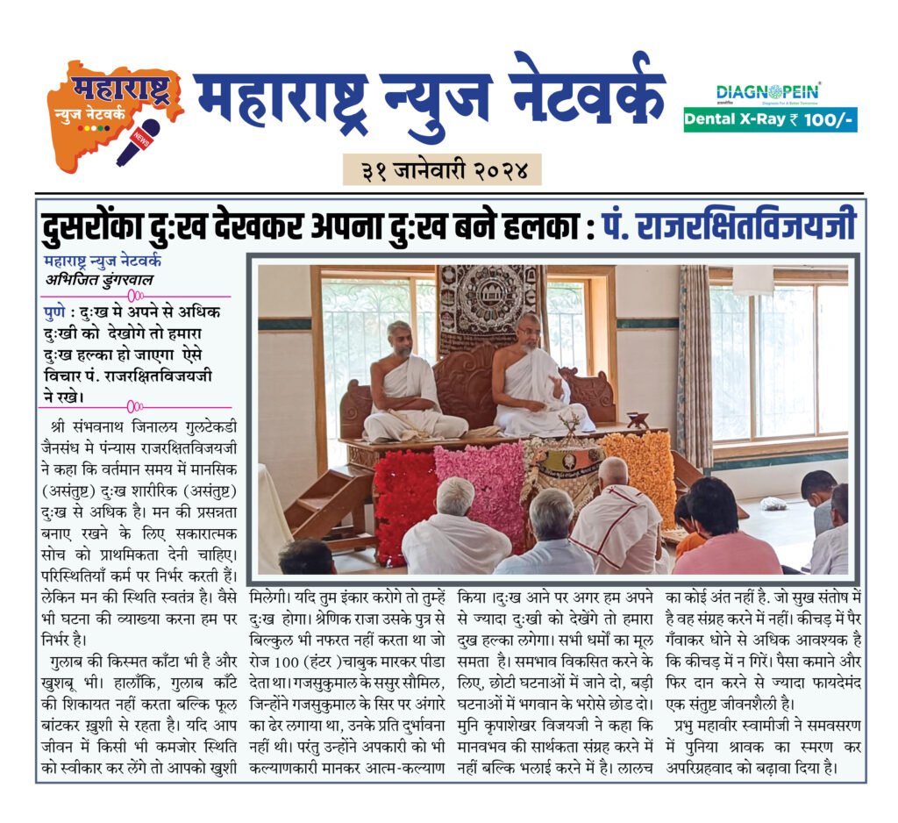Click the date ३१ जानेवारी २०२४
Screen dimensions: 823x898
[442, 168]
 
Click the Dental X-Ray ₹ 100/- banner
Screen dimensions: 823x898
[770, 118]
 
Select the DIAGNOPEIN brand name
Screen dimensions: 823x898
[768, 91]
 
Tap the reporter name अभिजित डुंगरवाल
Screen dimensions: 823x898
[103, 281]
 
